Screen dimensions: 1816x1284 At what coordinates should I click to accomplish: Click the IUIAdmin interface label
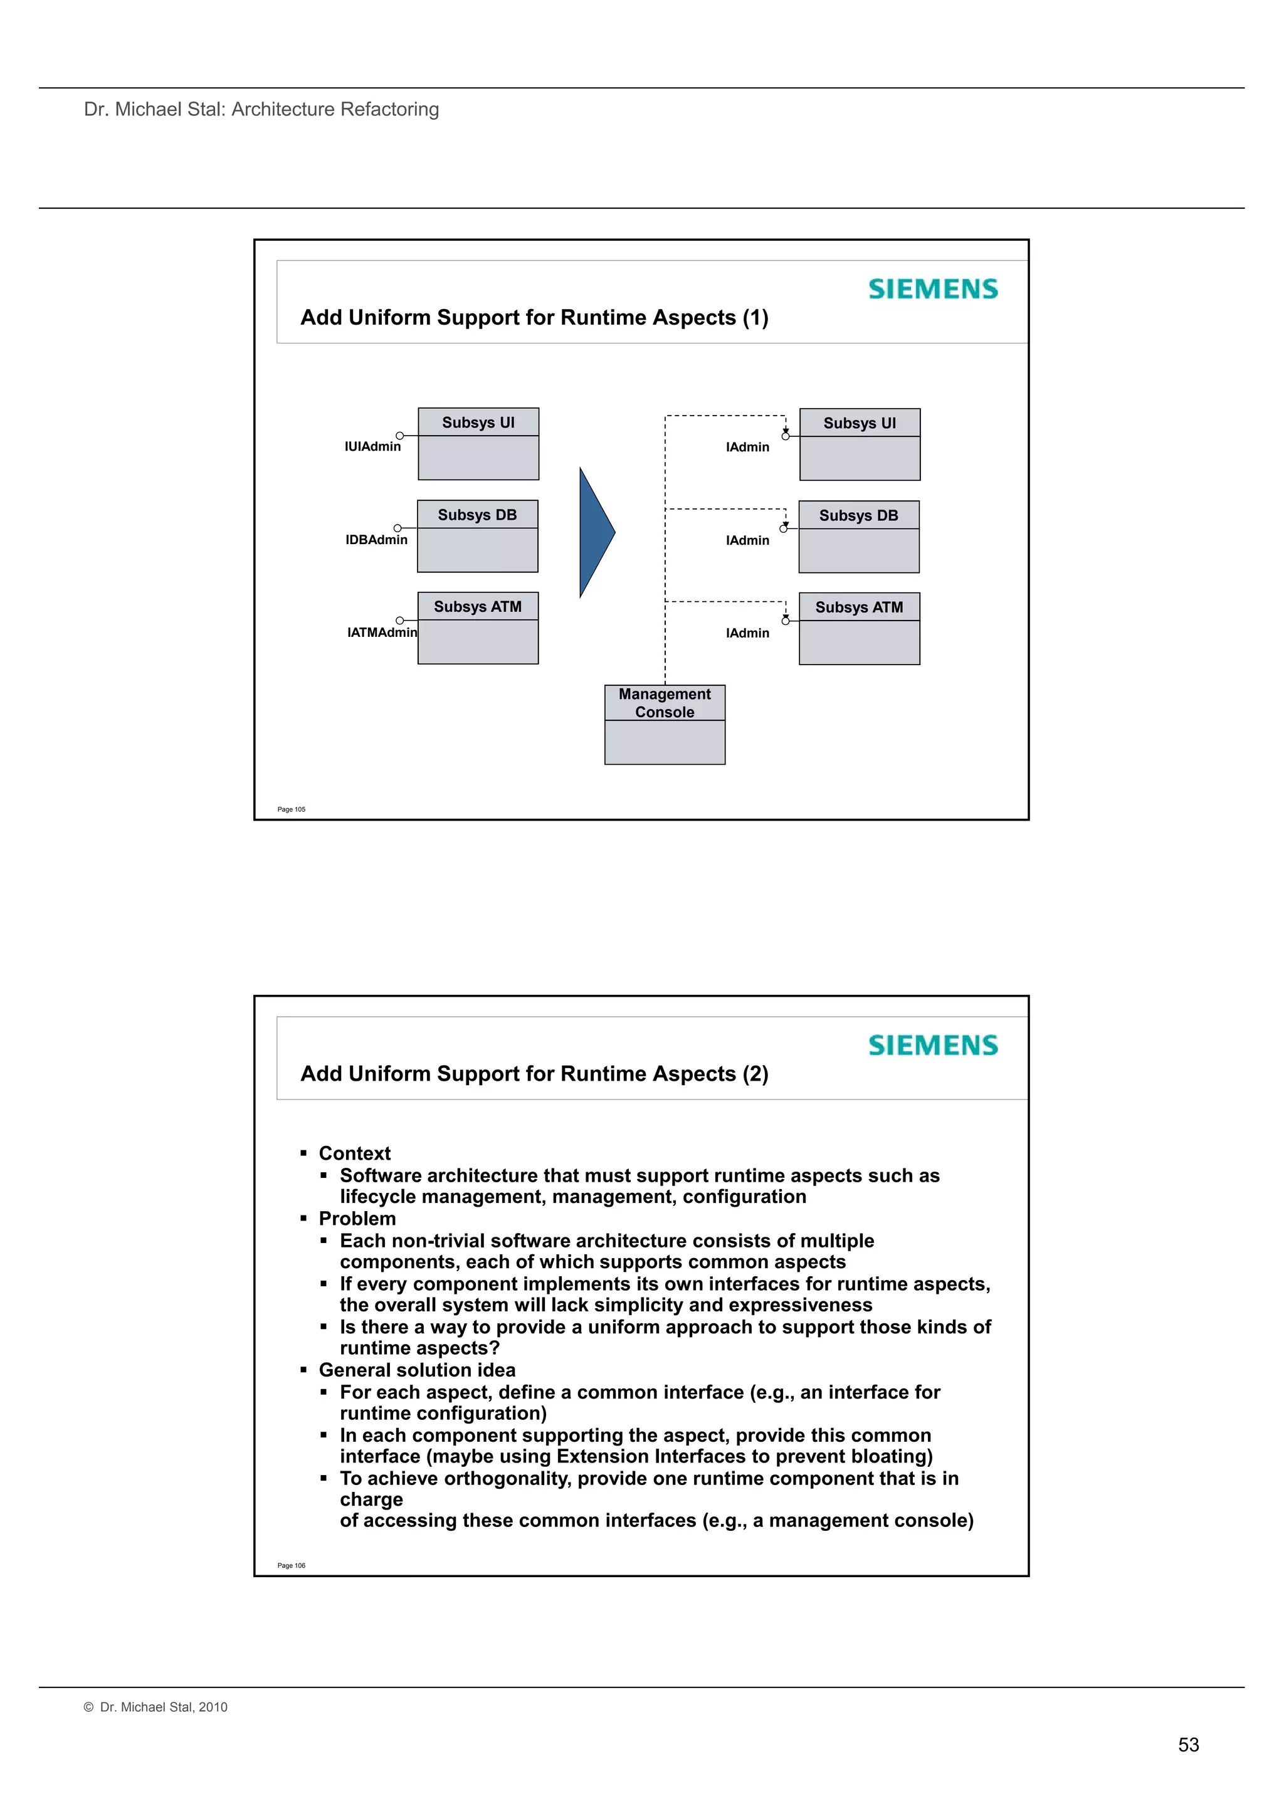(372, 447)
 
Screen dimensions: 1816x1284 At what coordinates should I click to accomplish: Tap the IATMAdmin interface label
(381, 632)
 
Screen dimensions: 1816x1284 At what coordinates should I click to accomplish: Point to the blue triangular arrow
(595, 532)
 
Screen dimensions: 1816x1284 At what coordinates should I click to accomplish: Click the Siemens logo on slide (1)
(933, 290)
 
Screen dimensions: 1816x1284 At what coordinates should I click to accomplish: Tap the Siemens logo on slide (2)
(933, 1046)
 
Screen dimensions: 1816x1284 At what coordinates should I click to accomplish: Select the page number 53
(1187, 1745)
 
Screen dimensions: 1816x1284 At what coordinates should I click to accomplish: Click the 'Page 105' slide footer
(291, 810)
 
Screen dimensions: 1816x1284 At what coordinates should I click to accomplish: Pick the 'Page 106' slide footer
(291, 1566)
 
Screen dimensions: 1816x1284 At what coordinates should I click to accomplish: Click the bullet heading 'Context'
(354, 1153)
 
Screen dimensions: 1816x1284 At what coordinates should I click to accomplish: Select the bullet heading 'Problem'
(357, 1219)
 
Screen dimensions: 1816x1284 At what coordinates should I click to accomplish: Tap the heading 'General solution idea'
(417, 1370)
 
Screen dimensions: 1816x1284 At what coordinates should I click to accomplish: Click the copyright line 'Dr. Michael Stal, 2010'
(163, 1707)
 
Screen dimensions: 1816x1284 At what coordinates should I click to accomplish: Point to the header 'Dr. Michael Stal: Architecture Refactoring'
(261, 109)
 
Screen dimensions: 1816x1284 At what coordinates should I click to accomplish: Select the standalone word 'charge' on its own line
(371, 1499)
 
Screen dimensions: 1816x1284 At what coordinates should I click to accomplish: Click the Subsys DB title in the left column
(477, 515)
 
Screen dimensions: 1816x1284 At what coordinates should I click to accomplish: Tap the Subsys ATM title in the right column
(858, 607)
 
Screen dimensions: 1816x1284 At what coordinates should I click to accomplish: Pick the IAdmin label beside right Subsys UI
(747, 448)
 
